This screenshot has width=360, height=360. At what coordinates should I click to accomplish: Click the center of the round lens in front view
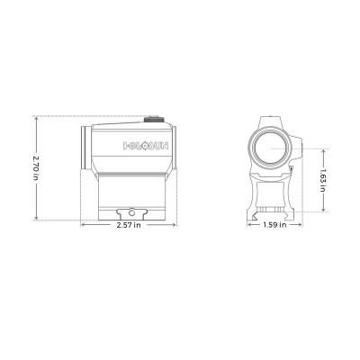point(271,143)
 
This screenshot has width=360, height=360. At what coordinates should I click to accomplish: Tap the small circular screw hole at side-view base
point(131,212)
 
